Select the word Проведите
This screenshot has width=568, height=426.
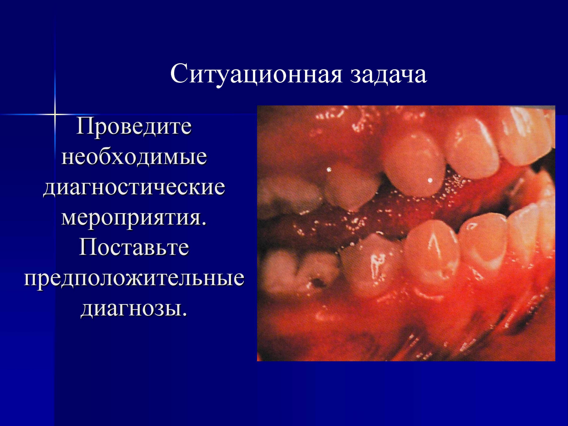click(134, 127)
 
